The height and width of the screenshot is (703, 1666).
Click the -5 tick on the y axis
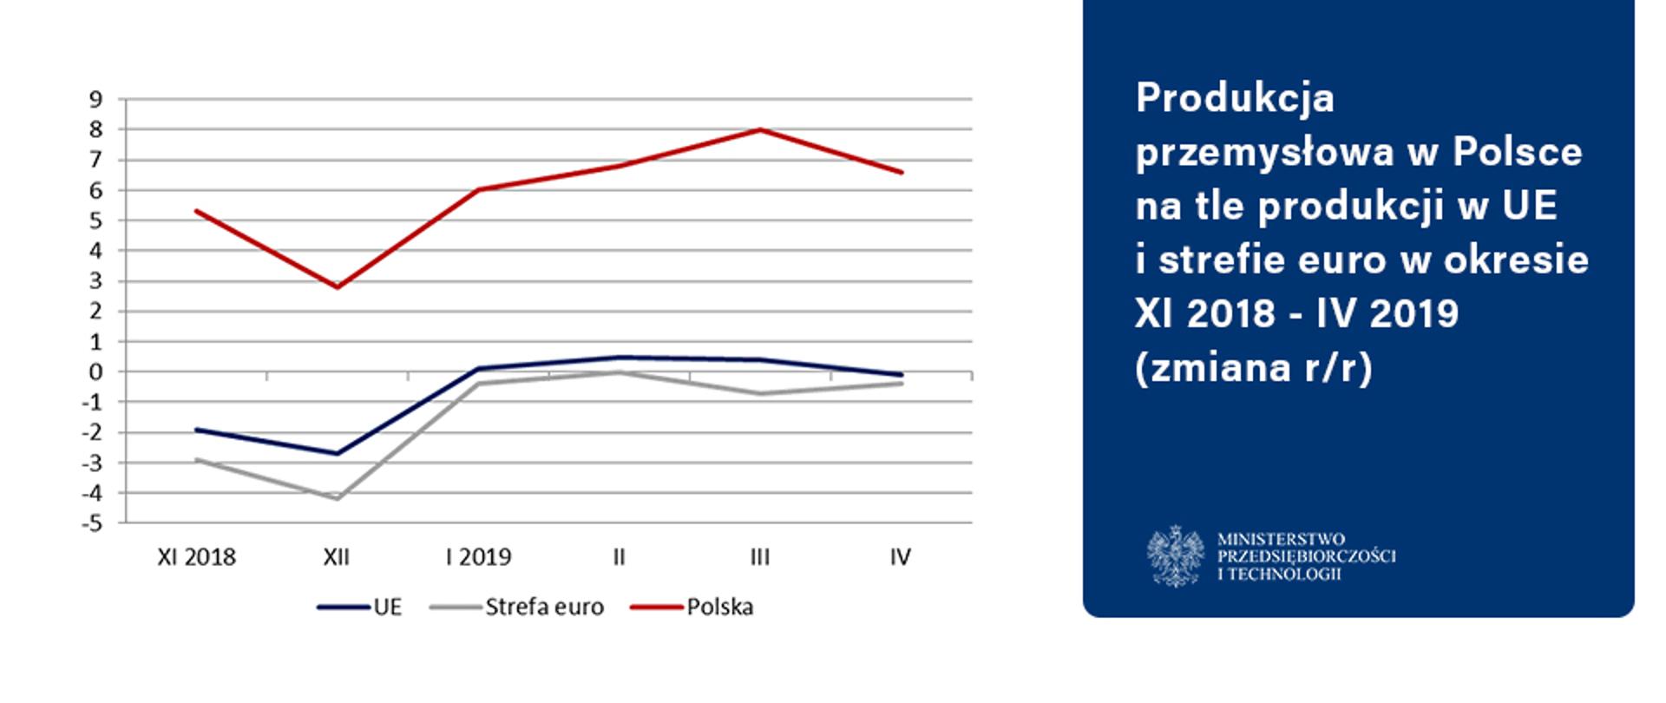click(90, 523)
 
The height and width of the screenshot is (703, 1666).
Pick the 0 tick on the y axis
click(95, 372)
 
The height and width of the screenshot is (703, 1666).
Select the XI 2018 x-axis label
click(196, 557)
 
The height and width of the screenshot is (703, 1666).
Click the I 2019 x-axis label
click(478, 557)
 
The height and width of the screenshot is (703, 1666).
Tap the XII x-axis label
click(337, 557)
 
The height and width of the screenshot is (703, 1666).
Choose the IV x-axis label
click(900, 557)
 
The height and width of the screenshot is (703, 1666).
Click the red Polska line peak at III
click(760, 130)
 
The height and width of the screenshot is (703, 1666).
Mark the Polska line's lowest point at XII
click(337, 287)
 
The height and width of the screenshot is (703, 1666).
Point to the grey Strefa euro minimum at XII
click(337, 498)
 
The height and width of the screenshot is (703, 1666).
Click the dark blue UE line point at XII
click(337, 453)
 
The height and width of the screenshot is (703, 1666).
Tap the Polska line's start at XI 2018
click(196, 211)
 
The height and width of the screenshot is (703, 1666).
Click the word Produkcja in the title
click(1235, 98)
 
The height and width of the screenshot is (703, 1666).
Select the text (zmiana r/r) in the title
click(1254, 367)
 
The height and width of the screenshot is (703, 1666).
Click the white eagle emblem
click(1175, 555)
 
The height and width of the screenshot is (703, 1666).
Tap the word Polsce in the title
click(1518, 152)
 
